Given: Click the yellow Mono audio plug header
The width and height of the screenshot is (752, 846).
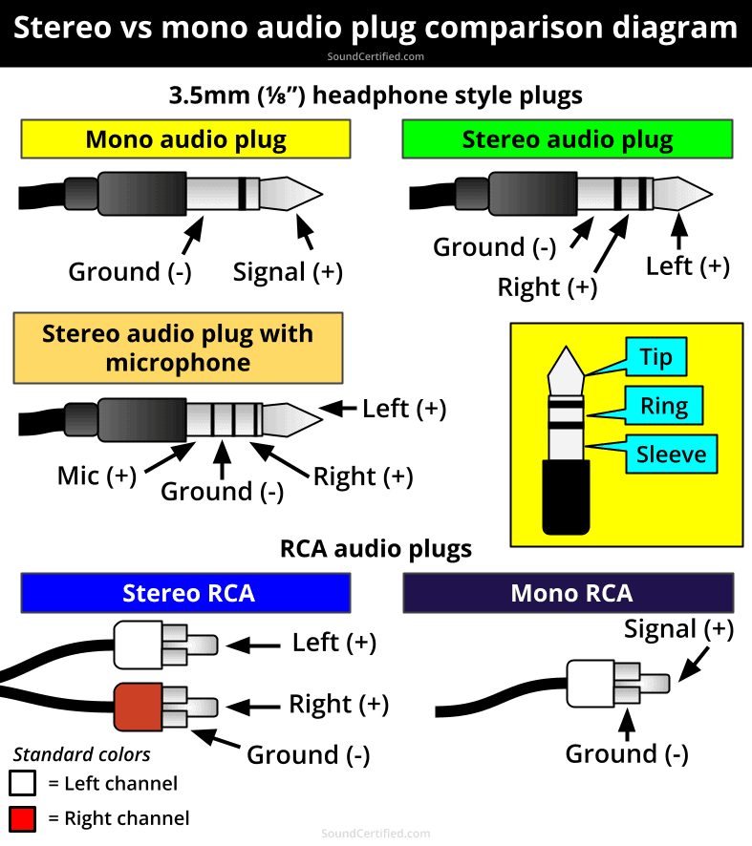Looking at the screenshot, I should (x=185, y=139).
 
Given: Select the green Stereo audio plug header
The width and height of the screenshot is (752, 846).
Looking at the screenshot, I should (x=568, y=139).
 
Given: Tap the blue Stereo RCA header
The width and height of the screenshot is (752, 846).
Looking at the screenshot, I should (x=185, y=593).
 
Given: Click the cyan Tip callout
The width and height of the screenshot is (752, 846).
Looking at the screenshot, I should (x=656, y=357).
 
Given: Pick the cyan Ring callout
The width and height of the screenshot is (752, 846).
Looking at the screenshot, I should (x=664, y=406).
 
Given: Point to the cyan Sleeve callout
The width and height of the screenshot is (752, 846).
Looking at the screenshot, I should (x=671, y=455).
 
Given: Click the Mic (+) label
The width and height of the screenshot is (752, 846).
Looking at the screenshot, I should (x=97, y=475).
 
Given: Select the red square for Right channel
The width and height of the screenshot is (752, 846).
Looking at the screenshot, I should (x=23, y=818).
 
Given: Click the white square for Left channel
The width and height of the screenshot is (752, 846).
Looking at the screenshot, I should (x=23, y=784).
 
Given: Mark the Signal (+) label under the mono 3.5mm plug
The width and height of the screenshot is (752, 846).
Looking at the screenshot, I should (x=288, y=272).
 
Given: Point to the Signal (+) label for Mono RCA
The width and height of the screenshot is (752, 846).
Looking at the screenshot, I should (x=678, y=629).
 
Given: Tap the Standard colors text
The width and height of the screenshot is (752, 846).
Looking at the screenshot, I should (x=81, y=754).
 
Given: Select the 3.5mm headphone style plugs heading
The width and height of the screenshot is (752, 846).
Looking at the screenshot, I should (x=376, y=95).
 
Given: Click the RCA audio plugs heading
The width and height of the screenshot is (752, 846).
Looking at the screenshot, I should (x=376, y=549).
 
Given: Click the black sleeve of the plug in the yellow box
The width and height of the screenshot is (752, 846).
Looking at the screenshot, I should (x=569, y=497).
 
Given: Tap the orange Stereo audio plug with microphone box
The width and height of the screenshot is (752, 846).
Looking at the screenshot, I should (x=178, y=348).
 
